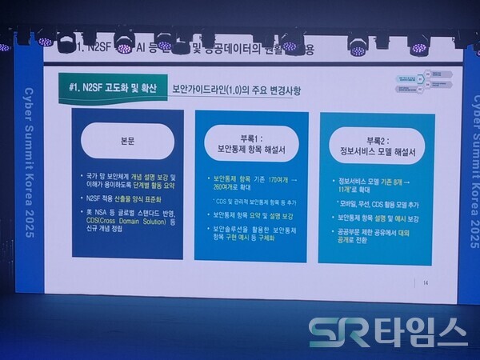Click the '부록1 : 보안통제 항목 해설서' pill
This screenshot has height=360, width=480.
point(250,142)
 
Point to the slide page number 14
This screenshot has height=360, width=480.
point(426,282)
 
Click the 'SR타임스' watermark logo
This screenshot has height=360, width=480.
point(388,330)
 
